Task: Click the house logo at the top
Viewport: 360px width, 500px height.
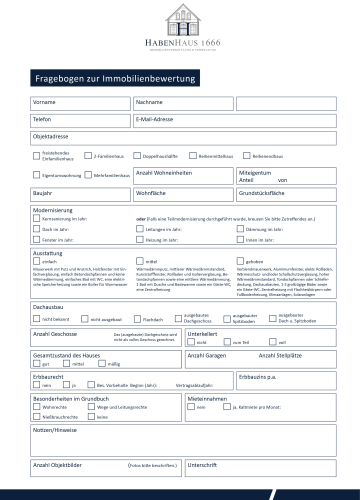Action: [x=180, y=20]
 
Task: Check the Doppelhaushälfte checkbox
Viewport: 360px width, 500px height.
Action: [x=142, y=156]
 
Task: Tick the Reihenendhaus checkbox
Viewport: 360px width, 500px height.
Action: [x=245, y=156]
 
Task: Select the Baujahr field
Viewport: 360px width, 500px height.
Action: [x=80, y=191]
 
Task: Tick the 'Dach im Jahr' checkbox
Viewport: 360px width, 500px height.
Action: [x=37, y=229]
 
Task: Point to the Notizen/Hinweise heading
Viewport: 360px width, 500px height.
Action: [x=56, y=429]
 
